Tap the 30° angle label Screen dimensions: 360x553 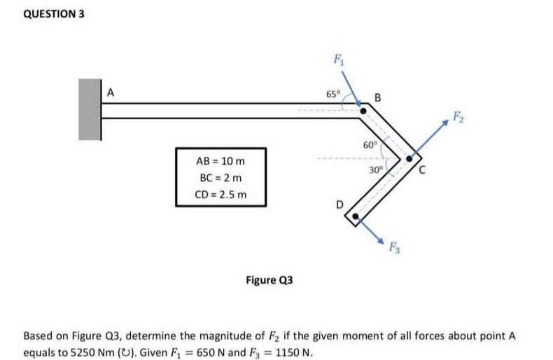[376, 170]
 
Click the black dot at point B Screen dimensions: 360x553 [363, 111]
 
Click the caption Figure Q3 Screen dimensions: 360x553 [269, 280]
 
